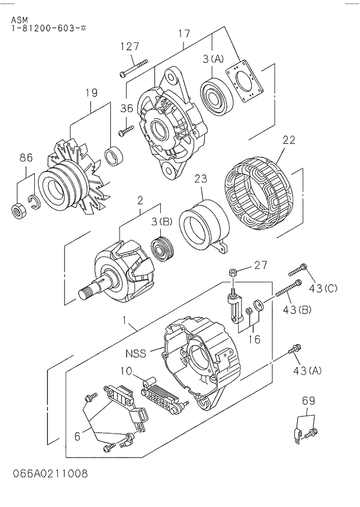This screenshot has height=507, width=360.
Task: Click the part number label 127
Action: pos(129,47)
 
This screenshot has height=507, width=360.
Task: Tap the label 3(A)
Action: pos(213,58)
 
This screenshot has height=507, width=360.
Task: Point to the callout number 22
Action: pos(289,140)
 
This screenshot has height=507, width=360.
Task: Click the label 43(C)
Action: pos(323,289)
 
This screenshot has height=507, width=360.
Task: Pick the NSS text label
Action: pos(135,353)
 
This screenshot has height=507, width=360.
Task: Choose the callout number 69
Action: pos(308,401)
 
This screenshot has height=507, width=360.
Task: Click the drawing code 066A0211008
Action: pos(50,473)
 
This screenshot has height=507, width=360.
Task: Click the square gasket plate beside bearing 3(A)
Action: pos(244,82)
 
